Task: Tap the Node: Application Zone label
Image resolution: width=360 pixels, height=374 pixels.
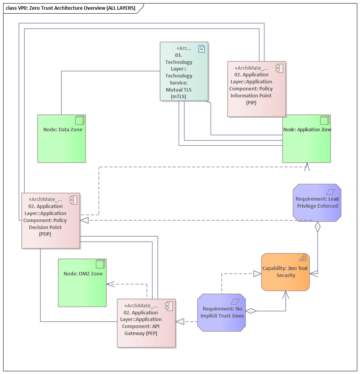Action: (x=307, y=130)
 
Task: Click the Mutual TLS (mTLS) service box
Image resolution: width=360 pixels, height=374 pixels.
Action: (x=184, y=71)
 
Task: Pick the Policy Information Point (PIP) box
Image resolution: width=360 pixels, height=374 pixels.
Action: (x=256, y=89)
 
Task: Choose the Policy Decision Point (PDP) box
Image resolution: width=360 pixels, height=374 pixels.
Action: (x=51, y=221)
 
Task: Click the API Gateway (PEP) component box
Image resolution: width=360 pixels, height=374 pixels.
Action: (x=146, y=323)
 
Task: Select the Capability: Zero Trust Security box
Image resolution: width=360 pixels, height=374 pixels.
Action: (x=285, y=272)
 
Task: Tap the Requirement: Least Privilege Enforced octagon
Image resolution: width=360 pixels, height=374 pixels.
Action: (x=317, y=203)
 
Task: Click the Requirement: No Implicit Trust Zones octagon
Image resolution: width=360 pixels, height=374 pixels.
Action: (x=222, y=312)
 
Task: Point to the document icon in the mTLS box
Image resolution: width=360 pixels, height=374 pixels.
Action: (x=202, y=48)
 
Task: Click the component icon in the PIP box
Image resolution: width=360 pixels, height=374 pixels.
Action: (x=279, y=68)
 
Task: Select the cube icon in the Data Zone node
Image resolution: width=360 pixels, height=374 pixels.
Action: (x=80, y=120)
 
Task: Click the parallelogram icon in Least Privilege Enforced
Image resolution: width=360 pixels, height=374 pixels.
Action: (x=331, y=192)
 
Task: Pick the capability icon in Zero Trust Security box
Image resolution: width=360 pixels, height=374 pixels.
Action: (x=302, y=258)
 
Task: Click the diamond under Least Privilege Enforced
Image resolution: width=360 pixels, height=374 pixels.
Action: (x=317, y=227)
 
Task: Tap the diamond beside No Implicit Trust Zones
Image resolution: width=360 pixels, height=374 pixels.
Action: (x=251, y=311)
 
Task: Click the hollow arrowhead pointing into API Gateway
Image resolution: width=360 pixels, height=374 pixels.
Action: (x=180, y=321)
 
